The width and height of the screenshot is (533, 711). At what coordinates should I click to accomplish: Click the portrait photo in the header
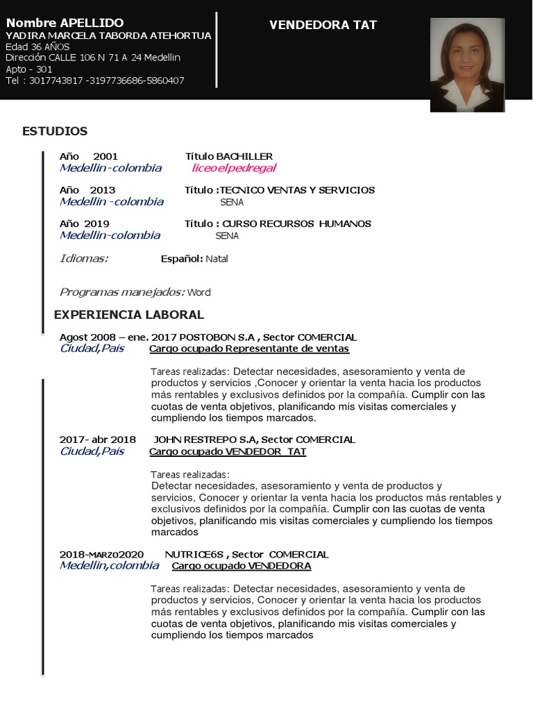[x=466, y=65]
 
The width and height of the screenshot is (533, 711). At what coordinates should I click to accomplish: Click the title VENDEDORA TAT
[x=323, y=25]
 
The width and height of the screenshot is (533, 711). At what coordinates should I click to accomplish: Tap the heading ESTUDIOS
[x=55, y=131]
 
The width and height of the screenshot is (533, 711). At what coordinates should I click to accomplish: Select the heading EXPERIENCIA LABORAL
[x=129, y=315]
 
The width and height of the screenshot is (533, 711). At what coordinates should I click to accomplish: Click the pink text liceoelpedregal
[x=234, y=168]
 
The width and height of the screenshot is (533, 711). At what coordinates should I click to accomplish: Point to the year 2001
[x=105, y=156]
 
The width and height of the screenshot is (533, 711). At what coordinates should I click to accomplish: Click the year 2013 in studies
[x=103, y=190]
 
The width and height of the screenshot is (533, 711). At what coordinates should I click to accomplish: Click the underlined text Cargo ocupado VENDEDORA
[x=242, y=566]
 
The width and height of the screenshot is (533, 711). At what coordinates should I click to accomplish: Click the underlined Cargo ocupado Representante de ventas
[x=249, y=349]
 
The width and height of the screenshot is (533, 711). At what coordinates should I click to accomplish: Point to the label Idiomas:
[x=84, y=258]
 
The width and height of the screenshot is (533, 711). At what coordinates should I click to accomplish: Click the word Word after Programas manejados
[x=198, y=292]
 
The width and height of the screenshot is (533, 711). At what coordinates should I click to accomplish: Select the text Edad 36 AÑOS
[x=37, y=47]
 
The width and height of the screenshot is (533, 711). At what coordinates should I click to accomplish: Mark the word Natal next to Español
[x=217, y=259]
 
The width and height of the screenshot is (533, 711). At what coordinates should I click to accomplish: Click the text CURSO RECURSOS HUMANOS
[x=296, y=224]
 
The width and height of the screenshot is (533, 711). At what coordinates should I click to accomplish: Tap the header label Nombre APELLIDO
[x=65, y=24]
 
